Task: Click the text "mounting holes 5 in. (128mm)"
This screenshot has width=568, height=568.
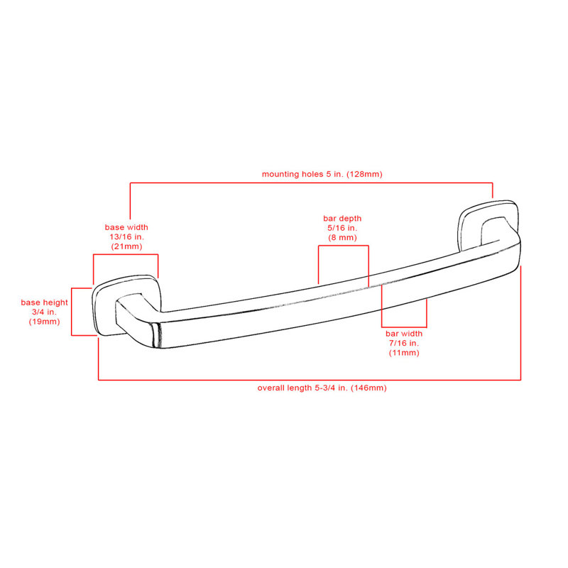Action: [322, 174]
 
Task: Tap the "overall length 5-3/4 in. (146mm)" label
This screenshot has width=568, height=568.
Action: [322, 388]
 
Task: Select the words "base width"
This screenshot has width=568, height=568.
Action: [126, 227]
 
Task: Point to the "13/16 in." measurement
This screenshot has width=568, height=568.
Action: [127, 237]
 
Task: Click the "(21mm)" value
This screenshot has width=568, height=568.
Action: [127, 246]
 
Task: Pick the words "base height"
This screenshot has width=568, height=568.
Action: [44, 302]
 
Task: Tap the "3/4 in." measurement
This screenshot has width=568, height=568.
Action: [44, 312]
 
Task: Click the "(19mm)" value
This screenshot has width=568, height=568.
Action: [44, 322]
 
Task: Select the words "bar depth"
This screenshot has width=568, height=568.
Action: [342, 219]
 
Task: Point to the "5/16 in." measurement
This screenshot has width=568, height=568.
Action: [342, 228]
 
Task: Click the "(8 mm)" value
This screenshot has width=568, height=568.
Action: [343, 238]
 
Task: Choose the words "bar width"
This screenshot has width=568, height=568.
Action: [404, 334]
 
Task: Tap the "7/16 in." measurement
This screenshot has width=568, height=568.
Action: [404, 343]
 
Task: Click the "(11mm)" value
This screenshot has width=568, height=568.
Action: [404, 353]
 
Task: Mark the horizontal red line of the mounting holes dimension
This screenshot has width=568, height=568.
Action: [311, 183]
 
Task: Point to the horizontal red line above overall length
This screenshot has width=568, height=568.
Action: [310, 380]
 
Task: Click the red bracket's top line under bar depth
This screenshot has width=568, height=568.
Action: [344, 246]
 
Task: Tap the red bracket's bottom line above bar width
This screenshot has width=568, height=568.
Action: [404, 327]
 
